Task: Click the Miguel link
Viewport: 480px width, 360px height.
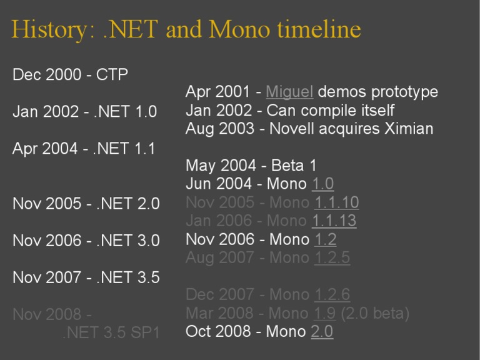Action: pos(289,92)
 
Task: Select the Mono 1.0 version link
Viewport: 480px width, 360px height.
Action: pos(322,184)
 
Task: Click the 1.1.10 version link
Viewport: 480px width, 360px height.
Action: pos(337,202)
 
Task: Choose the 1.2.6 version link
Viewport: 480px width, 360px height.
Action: pos(332,294)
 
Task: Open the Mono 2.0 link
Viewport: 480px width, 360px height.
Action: pos(322,332)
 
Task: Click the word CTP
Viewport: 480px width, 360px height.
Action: pos(112,75)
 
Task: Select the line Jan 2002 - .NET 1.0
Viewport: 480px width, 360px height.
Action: pos(84,112)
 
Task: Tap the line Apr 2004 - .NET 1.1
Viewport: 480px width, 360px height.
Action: pos(84,149)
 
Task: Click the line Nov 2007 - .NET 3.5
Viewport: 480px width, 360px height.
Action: pos(86,277)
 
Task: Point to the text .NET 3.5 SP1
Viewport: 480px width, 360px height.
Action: pos(111,333)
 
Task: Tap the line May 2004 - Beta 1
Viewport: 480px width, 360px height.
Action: pos(251,166)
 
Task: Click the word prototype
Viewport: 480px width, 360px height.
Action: pos(404,92)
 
